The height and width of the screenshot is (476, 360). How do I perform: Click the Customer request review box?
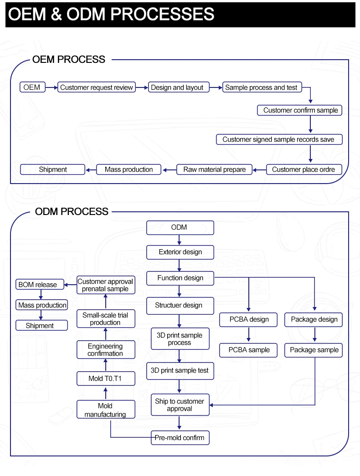click(x=97, y=87)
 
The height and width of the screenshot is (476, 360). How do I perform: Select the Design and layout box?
click(x=179, y=87)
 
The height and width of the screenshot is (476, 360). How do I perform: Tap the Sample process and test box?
click(x=262, y=87)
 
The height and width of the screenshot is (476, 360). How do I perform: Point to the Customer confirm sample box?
click(x=299, y=110)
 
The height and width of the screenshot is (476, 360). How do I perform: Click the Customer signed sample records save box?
click(x=279, y=139)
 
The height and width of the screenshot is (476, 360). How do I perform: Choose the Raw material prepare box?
click(x=215, y=169)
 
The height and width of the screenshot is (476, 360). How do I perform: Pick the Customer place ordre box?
click(x=304, y=169)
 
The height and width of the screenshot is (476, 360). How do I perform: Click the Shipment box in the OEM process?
click(x=52, y=169)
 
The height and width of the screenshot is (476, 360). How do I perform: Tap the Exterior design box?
click(x=180, y=252)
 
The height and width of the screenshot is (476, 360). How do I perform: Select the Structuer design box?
click(x=180, y=306)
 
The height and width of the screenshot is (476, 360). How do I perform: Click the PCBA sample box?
click(x=248, y=350)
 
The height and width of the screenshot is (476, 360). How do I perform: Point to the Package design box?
click(x=314, y=320)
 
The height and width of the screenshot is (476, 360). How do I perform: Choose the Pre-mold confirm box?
click(x=180, y=438)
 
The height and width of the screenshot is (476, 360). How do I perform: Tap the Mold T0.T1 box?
click(x=106, y=379)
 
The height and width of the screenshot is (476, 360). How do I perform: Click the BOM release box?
click(x=40, y=284)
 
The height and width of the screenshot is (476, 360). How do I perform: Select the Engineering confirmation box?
click(x=106, y=350)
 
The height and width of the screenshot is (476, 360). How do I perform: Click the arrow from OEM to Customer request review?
click(x=51, y=87)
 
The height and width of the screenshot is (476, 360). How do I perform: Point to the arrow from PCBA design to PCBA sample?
click(x=248, y=334)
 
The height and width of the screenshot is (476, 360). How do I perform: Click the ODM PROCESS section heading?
click(x=72, y=211)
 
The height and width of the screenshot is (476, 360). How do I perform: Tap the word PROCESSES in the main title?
click(x=162, y=14)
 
